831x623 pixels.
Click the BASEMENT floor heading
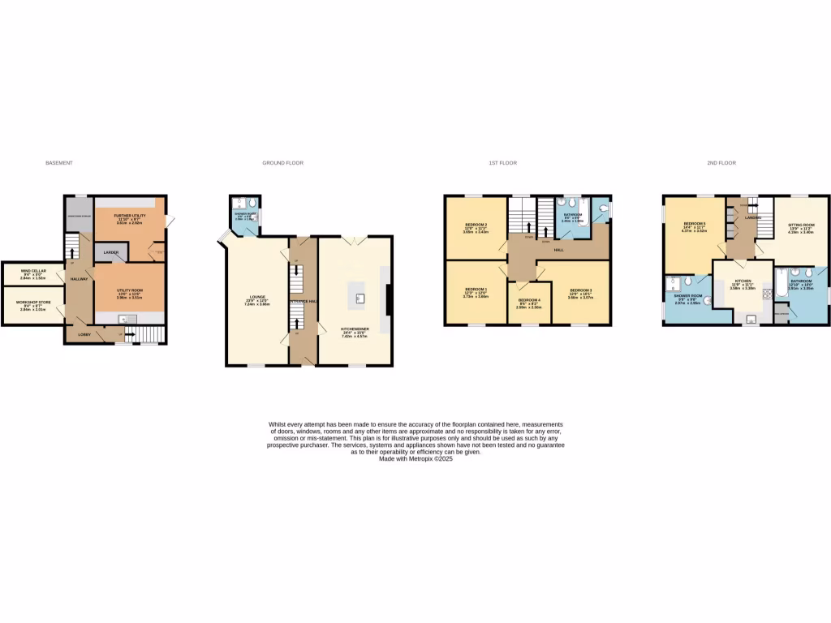click(59, 163)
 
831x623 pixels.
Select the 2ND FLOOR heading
click(721, 163)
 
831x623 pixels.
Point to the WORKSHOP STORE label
click(33, 304)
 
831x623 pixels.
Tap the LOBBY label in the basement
click(84, 334)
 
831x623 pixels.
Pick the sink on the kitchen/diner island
click(359, 297)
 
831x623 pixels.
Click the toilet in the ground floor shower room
click(252, 204)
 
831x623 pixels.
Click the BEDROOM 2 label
click(476, 225)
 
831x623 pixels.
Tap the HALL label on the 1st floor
click(558, 250)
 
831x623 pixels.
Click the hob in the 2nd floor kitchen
click(766, 295)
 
